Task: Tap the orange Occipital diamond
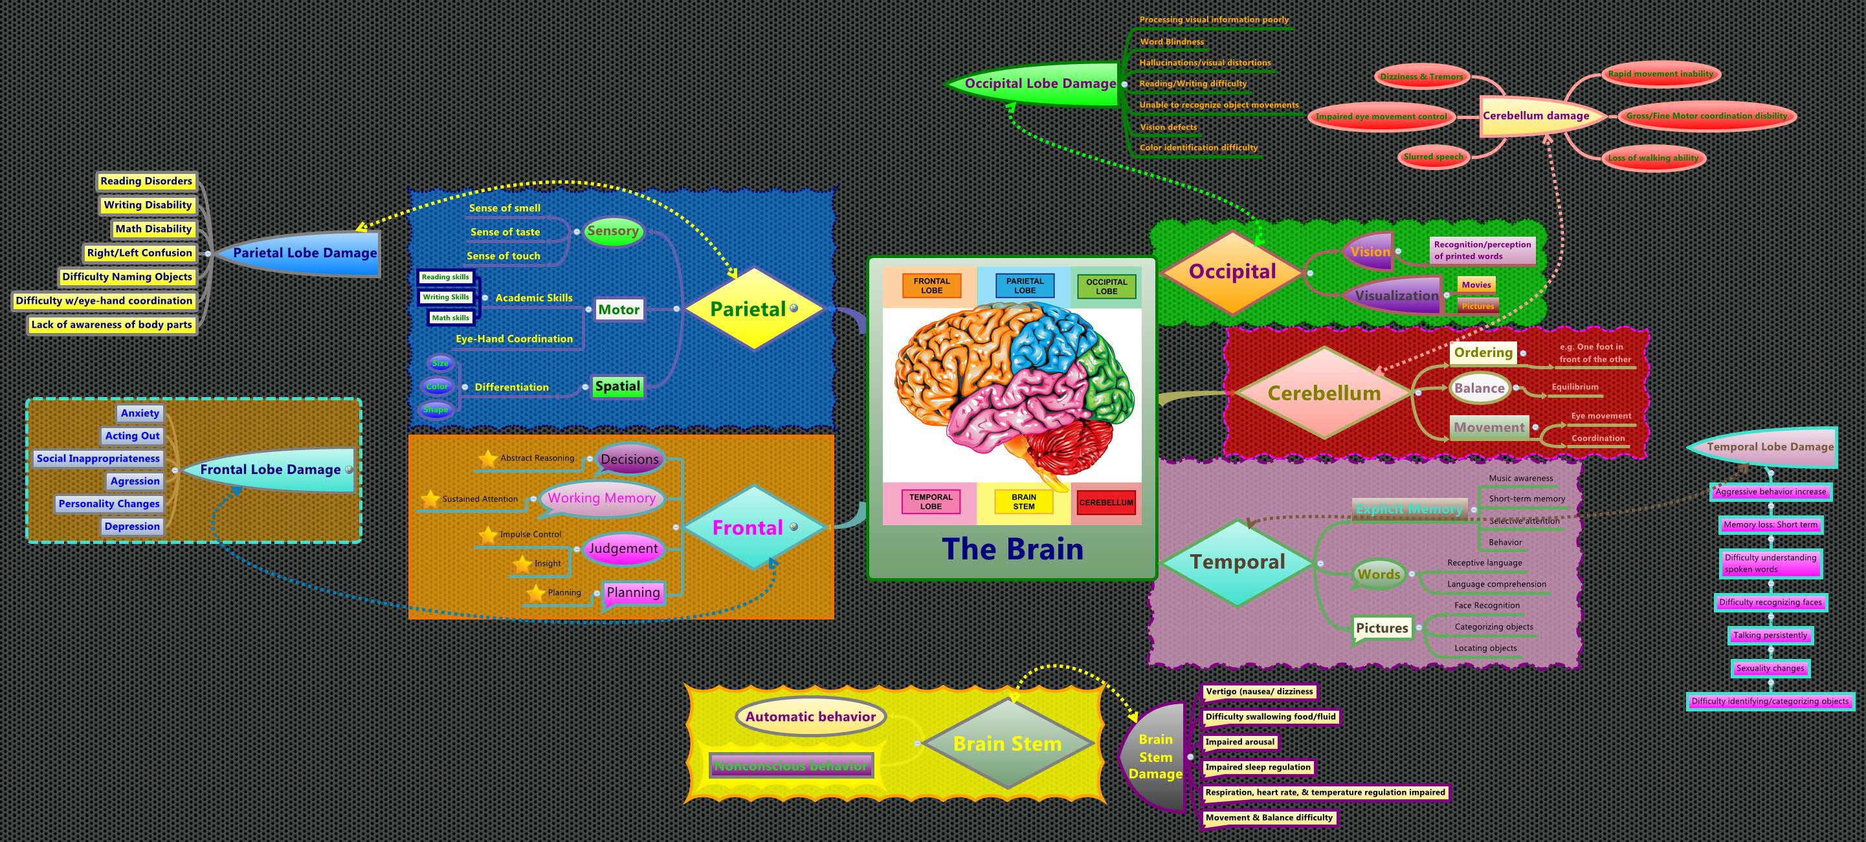1232,272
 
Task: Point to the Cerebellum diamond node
1324,393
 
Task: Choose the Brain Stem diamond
1007,744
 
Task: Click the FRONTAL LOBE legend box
931,286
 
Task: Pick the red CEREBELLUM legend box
1105,502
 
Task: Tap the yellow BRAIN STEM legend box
1023,502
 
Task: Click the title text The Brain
1012,549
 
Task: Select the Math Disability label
153,229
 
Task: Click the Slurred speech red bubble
1433,157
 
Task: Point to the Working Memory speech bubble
601,498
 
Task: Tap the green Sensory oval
613,231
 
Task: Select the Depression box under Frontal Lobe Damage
132,526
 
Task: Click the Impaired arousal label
1239,742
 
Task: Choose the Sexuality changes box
1770,668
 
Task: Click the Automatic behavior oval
810,717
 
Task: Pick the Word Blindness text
1172,42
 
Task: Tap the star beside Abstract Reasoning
487,459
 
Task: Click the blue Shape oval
436,410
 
